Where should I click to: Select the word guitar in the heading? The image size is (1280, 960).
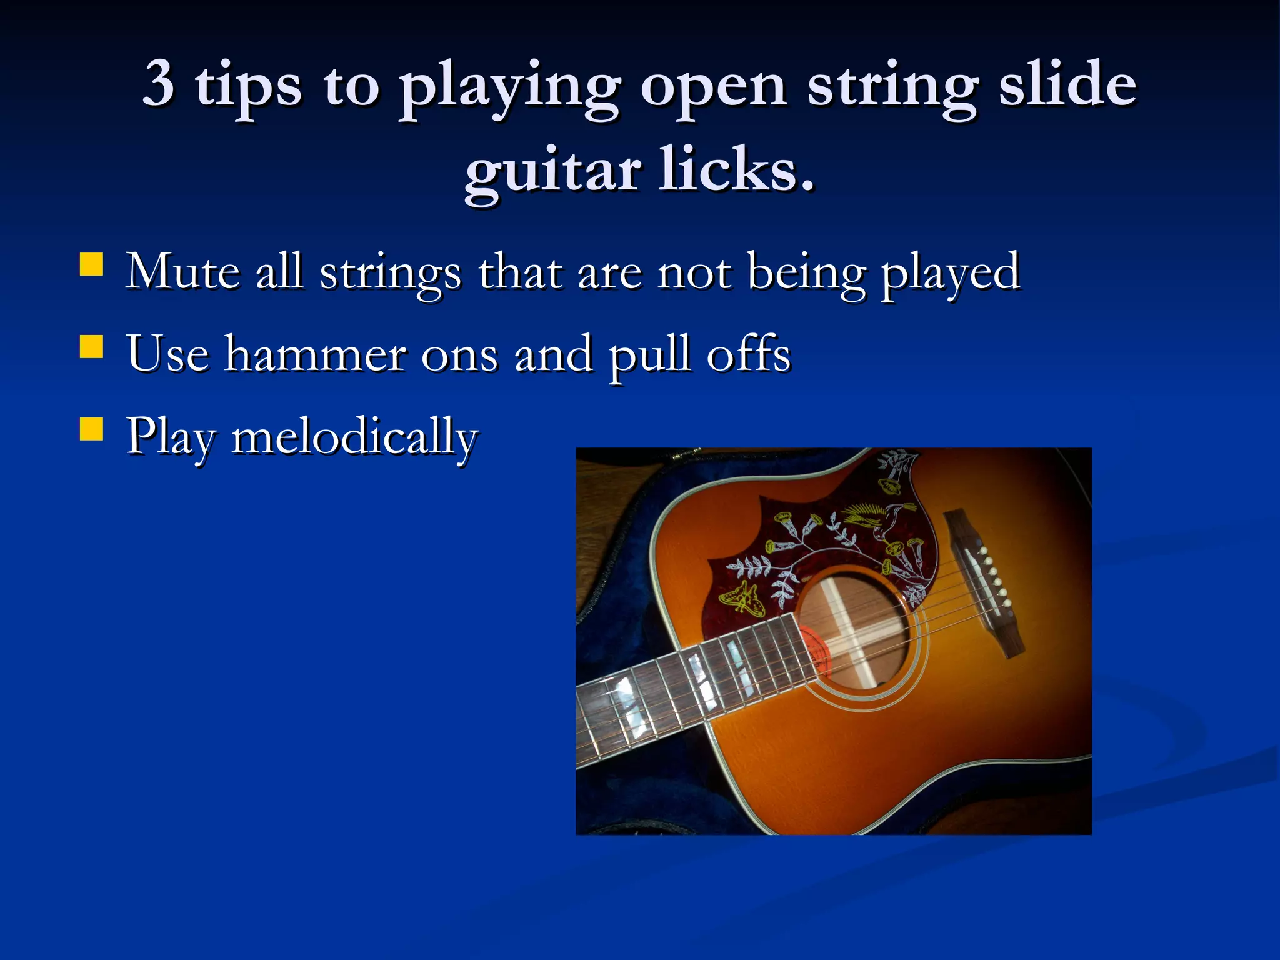click(x=552, y=172)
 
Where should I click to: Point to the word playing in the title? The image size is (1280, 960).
click(x=510, y=87)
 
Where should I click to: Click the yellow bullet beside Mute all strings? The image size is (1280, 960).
click(x=91, y=264)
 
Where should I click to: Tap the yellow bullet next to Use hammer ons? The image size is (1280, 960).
click(x=91, y=347)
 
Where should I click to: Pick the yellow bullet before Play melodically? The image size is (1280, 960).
click(x=91, y=430)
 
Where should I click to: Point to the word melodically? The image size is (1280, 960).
click(x=354, y=437)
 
